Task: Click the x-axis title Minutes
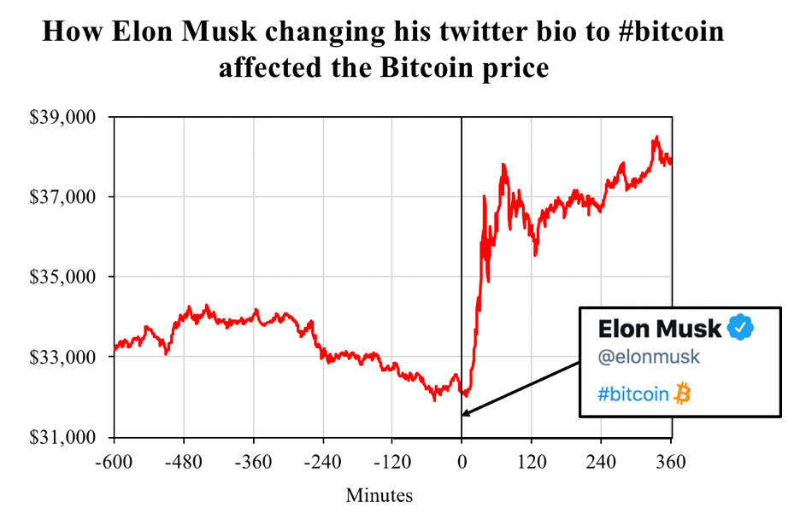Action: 379,495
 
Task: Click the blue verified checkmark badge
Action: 740,328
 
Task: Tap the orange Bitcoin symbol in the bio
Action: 682,394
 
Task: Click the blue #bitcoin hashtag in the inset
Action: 633,394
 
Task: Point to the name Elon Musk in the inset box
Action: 660,329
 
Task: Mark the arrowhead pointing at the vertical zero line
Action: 467,414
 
